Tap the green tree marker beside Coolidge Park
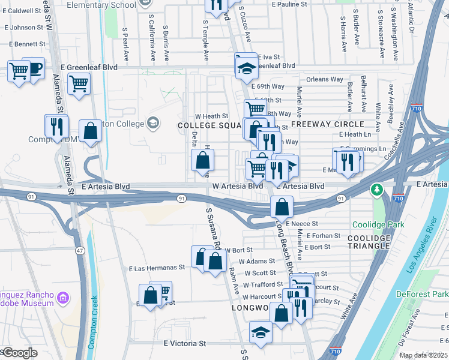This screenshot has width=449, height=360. pyautogui.click(x=377, y=190)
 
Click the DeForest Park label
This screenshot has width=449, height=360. pyautogui.click(x=422, y=294)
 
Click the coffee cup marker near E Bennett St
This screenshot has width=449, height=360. pyautogui.click(x=34, y=68)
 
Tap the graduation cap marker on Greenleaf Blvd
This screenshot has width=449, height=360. pyautogui.click(x=246, y=65)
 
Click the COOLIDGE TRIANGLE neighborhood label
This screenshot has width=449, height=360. pyautogui.click(x=369, y=242)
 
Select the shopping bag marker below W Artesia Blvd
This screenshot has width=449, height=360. pyautogui.click(x=281, y=207)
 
